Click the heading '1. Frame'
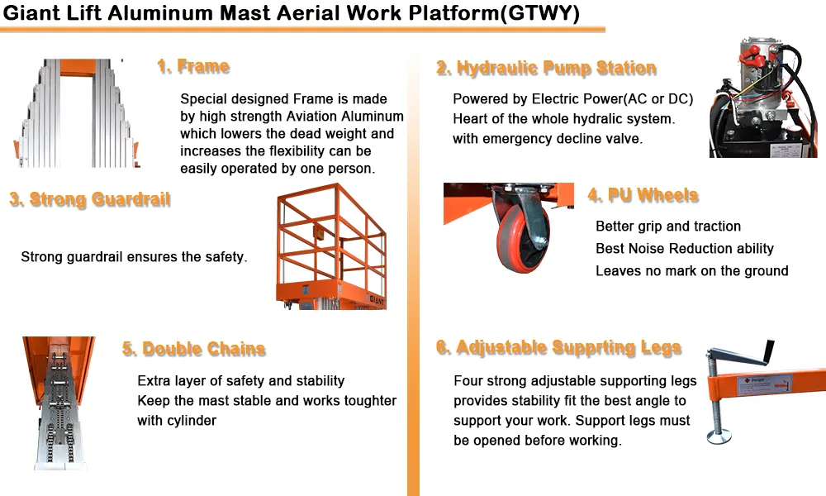coord(192,67)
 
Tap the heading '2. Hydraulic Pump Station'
coord(546,69)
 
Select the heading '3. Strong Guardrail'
coord(89,199)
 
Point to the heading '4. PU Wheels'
coord(643,196)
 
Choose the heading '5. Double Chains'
coord(193,349)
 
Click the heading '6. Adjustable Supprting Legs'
coord(558,347)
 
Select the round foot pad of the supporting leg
coord(720,436)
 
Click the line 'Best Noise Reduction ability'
coord(684,249)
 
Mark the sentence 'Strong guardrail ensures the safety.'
coord(134,257)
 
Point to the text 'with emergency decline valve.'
coord(547,139)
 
